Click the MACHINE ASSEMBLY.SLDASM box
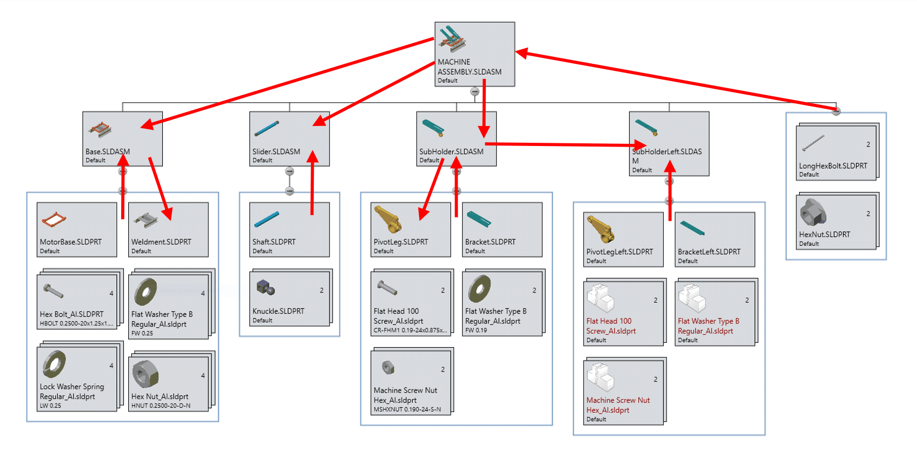tap(474, 54)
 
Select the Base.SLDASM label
tap(108, 152)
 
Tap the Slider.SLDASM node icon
tap(266, 129)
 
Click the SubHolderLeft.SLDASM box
tap(669, 143)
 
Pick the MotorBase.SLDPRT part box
tap(77, 229)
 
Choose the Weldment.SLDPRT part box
tap(168, 229)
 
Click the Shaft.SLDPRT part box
tap(289, 229)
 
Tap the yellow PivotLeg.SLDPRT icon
tap(387, 220)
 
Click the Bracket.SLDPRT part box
tap(502, 229)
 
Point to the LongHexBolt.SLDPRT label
tap(833, 166)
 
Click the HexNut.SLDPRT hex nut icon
tap(813, 213)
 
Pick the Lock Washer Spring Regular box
tap(77, 379)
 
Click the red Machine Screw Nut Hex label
tap(618, 405)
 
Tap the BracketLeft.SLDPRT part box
tap(715, 239)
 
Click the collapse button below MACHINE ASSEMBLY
tap(474, 92)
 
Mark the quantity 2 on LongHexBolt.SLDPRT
tap(868, 144)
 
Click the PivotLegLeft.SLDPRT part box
tap(623, 239)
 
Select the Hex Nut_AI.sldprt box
tap(168, 384)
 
